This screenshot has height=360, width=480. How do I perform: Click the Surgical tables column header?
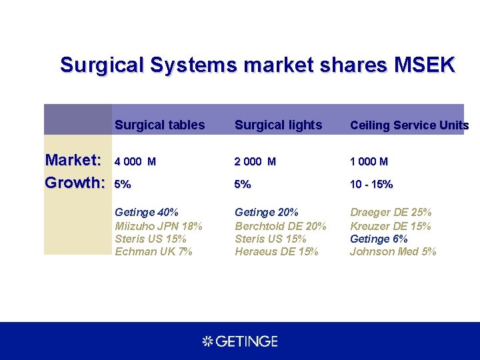(x=159, y=125)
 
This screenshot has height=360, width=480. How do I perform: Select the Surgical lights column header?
(x=278, y=125)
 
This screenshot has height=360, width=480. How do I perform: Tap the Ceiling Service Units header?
(x=409, y=125)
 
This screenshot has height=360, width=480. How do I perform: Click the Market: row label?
(x=73, y=160)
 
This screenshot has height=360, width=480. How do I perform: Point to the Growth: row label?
(x=75, y=183)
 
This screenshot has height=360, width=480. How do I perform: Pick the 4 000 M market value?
(x=135, y=161)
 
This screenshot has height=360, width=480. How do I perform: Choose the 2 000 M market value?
(x=255, y=161)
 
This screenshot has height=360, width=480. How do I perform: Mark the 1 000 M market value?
(x=369, y=161)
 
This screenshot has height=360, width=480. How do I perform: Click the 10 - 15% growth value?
(x=371, y=184)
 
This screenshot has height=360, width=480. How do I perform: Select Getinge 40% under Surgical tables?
(x=147, y=213)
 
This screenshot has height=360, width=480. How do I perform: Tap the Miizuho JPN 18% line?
(x=158, y=226)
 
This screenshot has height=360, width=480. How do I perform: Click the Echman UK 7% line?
(x=153, y=251)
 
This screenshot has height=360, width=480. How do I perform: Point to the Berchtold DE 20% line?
(x=280, y=226)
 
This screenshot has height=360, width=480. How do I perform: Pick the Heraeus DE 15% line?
(x=276, y=251)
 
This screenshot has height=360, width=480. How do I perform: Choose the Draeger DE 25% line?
(x=391, y=213)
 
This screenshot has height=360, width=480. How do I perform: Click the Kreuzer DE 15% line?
(x=390, y=226)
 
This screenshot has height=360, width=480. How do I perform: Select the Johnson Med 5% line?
(x=393, y=251)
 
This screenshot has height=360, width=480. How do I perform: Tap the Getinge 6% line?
(x=379, y=239)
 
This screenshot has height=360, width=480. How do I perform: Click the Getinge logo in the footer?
(x=240, y=341)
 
